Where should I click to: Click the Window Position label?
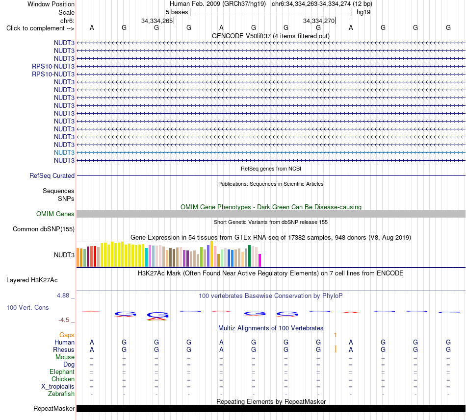coord(51,4)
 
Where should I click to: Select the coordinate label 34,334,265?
coord(157,21)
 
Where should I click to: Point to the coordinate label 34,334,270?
coord(319,21)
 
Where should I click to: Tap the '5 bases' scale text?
coord(177,12)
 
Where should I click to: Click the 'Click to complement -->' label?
coord(40,28)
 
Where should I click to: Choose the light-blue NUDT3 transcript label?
coord(64,152)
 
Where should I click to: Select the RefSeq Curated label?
coord(52,176)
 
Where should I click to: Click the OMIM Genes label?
coord(55,214)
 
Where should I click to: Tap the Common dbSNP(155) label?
coord(44,229)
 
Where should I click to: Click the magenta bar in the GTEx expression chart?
coord(260,260)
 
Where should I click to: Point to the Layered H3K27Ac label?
coord(32,280)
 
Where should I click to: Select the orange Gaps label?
coord(67,335)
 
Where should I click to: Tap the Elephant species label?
coord(62,372)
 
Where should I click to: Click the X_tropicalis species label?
coord(58,387)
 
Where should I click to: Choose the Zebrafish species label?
coord(61,394)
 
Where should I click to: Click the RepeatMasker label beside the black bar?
coord(54,409)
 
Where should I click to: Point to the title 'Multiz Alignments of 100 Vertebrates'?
coord(271,328)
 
